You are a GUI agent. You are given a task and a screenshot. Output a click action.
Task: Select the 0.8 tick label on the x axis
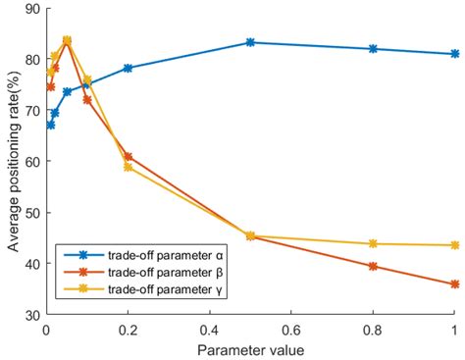point(373,331)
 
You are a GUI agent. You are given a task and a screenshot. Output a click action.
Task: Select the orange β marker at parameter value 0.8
point(373,266)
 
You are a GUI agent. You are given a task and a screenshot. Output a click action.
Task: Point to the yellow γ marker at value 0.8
point(373,243)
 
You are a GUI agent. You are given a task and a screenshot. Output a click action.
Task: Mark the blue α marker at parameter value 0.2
point(128,68)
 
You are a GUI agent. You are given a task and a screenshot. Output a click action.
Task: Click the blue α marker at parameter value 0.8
point(373,49)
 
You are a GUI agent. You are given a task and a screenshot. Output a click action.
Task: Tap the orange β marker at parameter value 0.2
point(128,156)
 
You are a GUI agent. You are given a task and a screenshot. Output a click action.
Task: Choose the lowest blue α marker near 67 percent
point(50,125)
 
